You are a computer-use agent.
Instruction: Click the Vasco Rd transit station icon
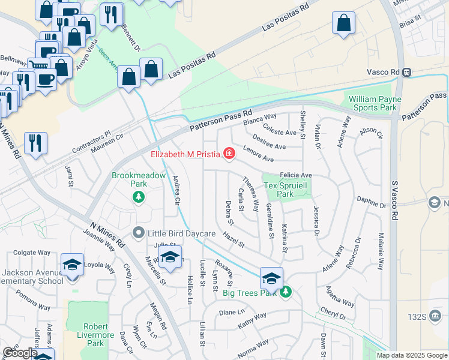click(x=407, y=72)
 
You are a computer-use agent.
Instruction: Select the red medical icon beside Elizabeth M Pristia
click(x=228, y=155)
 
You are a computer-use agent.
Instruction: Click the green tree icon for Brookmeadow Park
click(x=139, y=196)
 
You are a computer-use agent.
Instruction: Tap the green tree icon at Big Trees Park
click(x=286, y=292)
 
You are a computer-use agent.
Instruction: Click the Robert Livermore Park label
click(x=87, y=335)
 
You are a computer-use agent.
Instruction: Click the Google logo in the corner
click(x=20, y=353)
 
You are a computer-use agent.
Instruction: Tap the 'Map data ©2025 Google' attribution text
click(x=412, y=355)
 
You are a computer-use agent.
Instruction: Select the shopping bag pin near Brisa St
click(x=344, y=24)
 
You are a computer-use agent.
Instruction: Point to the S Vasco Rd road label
click(x=394, y=200)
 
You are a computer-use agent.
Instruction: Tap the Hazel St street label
click(x=233, y=240)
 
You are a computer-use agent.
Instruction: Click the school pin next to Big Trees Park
click(x=271, y=278)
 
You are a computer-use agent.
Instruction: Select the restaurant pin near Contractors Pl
click(x=35, y=143)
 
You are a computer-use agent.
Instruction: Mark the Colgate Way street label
click(x=29, y=253)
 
